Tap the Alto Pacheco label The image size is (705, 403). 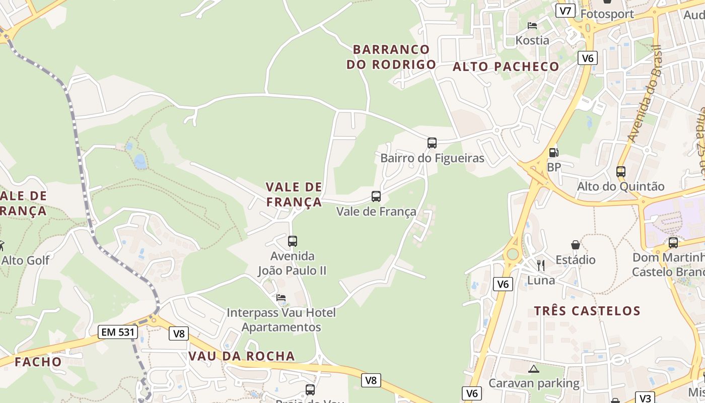click(x=506, y=66)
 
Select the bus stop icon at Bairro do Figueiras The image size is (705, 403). click(x=432, y=143)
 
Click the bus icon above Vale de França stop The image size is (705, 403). click(x=376, y=196)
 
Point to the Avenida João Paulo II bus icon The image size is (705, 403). click(x=292, y=241)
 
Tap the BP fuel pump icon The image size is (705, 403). click(x=553, y=152)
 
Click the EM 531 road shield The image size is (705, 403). click(x=117, y=332)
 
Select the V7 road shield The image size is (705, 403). click(x=566, y=11)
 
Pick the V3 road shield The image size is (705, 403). click(x=645, y=396)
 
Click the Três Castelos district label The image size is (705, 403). click(x=587, y=311)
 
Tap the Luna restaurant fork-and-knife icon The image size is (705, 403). click(x=541, y=265)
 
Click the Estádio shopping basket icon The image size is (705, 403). click(x=575, y=245)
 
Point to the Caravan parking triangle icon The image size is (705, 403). click(x=533, y=369)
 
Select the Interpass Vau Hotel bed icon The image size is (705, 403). click(x=280, y=298)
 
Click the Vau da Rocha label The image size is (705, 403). click(x=241, y=356)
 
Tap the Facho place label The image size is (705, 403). click(x=38, y=362)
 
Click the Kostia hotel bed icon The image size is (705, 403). click(x=532, y=25)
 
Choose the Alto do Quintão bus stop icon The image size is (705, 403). click(x=620, y=171)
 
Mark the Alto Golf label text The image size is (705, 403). click(x=25, y=260)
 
